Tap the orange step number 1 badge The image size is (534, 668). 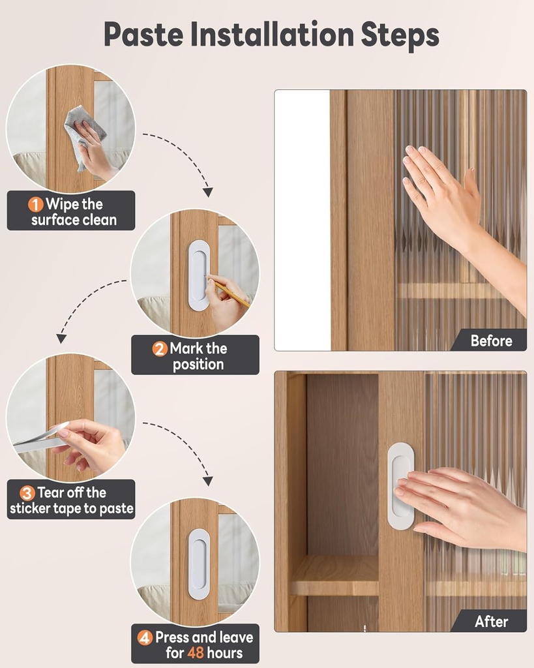point(36,204)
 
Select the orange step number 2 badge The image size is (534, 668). point(160,348)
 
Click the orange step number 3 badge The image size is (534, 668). point(27,493)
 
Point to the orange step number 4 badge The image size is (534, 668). point(145,637)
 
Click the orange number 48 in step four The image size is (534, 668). point(198,652)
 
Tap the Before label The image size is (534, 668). point(490,341)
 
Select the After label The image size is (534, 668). point(491,621)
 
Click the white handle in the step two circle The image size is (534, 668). point(199,275)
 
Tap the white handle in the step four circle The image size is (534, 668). point(199,564)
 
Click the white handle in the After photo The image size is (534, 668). point(400,485)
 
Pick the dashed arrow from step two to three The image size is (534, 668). point(85,303)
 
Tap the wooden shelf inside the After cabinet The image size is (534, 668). point(334,575)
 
